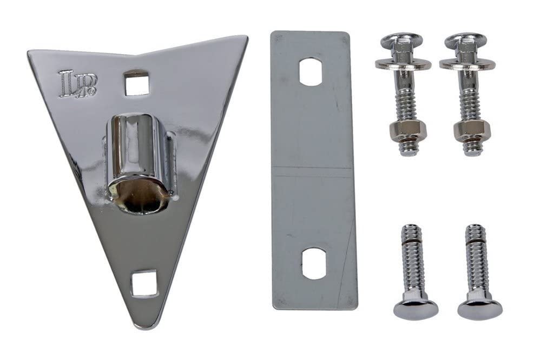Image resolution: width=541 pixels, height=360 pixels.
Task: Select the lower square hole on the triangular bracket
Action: click(x=144, y=283)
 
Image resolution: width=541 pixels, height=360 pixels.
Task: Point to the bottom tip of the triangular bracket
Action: click(x=142, y=325)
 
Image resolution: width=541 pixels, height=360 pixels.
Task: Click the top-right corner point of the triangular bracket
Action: click(x=246, y=38)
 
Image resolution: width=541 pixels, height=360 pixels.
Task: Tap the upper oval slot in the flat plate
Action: click(x=311, y=72)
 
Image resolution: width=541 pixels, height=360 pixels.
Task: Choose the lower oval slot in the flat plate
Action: click(x=314, y=263)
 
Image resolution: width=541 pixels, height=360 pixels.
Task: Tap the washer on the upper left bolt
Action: click(x=403, y=64)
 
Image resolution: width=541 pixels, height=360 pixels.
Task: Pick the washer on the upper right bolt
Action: click(x=467, y=64)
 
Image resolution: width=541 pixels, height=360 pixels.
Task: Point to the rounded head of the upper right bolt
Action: click(x=466, y=42)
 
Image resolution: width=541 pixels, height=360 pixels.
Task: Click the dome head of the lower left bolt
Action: click(x=415, y=309)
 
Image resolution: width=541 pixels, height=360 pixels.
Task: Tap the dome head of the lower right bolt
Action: click(x=480, y=309)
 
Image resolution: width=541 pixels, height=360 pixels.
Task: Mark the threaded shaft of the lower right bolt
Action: click(x=476, y=259)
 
